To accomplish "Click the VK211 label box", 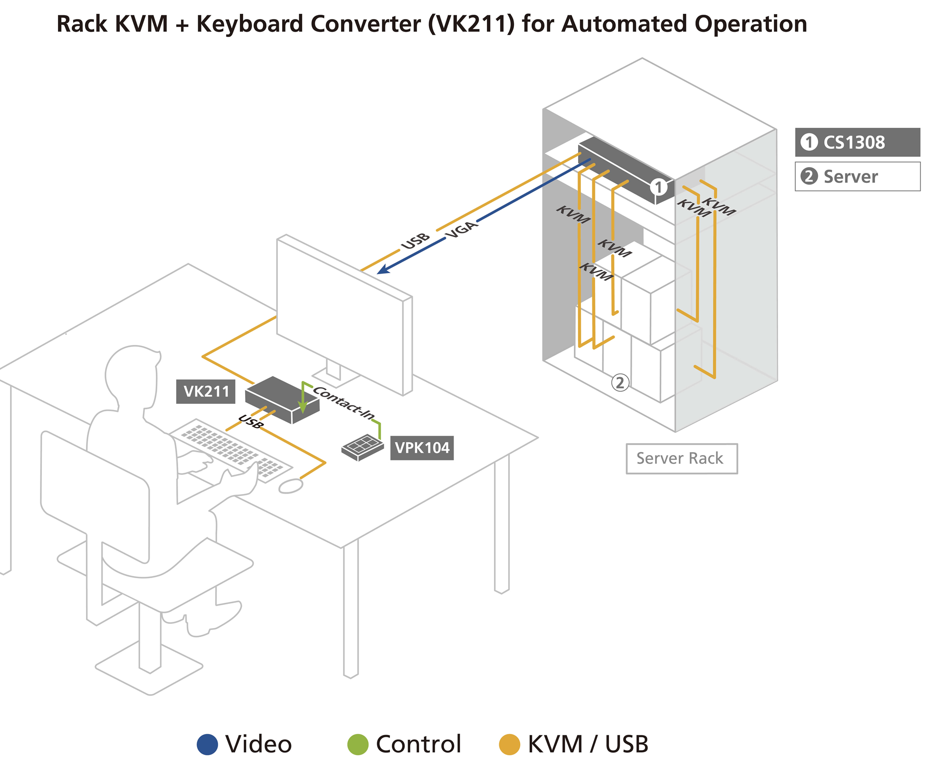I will [x=206, y=391].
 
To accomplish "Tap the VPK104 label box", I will [x=422, y=448].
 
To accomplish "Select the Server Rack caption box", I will [x=682, y=458].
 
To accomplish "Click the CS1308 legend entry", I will [x=857, y=142].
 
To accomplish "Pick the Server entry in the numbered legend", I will [x=857, y=176].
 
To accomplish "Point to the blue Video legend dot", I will [x=208, y=744].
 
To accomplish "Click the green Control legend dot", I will [x=358, y=744].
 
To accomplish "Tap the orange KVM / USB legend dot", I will [x=509, y=744].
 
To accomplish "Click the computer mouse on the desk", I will [x=291, y=486].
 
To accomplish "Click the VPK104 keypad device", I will [x=362, y=447].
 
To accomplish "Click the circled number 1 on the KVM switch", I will [x=658, y=187].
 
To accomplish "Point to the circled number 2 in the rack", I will [x=620, y=382].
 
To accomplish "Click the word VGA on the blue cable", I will [x=461, y=229].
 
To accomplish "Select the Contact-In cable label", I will [x=344, y=402].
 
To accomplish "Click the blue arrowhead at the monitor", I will [x=382, y=270].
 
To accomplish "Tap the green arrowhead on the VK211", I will [x=303, y=407].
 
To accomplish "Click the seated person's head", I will [x=132, y=375].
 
